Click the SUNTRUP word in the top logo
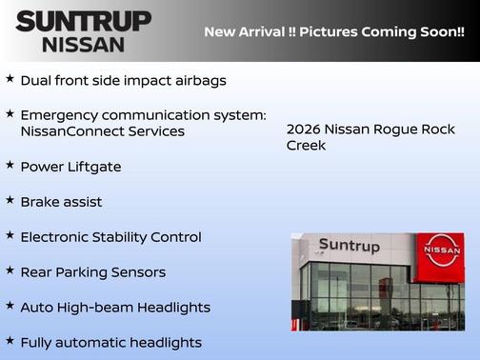83,21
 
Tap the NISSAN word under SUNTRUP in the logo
83,43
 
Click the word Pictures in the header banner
320,31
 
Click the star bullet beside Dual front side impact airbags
10,78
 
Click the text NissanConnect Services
103,131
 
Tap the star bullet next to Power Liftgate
10,165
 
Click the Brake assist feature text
61,202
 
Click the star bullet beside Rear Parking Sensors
10,270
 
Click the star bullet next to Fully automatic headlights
10,340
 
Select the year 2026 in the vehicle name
303,129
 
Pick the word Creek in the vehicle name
306,146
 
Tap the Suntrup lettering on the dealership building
349,246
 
